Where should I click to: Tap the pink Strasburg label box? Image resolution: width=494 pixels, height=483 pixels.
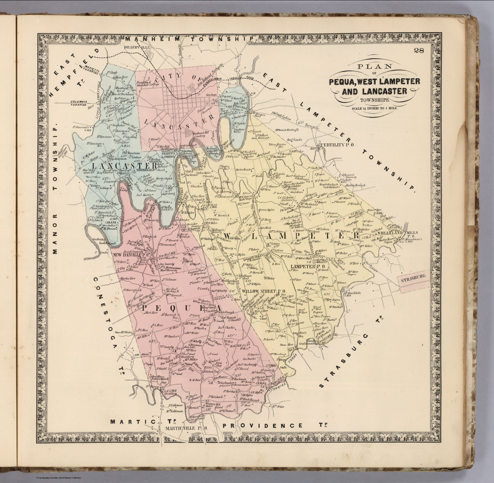[x=413, y=276]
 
